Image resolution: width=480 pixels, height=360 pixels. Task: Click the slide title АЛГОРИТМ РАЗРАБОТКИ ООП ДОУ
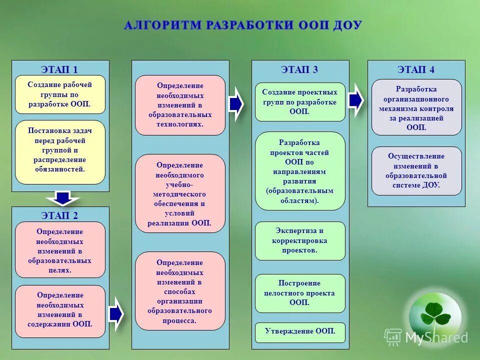[242, 25]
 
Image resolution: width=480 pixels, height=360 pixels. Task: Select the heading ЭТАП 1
[59, 69]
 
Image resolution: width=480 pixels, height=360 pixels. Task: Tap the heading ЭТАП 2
[59, 215]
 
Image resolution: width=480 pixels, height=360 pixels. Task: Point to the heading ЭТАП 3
[299, 69]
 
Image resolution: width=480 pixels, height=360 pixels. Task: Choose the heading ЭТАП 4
[416, 69]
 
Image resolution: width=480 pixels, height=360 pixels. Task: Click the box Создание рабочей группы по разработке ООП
[60, 94]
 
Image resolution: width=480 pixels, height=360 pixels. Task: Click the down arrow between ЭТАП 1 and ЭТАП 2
[62, 198]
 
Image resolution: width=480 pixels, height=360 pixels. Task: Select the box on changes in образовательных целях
[60, 250]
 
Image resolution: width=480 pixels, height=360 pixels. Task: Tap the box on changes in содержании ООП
[60, 309]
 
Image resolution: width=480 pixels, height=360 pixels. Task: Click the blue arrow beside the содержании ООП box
[116, 313]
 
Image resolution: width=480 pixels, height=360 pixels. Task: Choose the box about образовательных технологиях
[180, 105]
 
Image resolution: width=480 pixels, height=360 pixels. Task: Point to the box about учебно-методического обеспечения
[180, 193]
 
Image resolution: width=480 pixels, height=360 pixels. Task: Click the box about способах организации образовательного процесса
[180, 291]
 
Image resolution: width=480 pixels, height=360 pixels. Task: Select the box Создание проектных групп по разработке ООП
[300, 102]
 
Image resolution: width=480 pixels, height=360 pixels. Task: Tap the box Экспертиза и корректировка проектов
[300, 240]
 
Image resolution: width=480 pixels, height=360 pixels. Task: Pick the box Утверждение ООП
[300, 331]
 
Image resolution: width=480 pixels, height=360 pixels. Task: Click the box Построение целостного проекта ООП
[300, 293]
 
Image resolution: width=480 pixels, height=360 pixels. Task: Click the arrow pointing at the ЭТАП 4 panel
[355, 100]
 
